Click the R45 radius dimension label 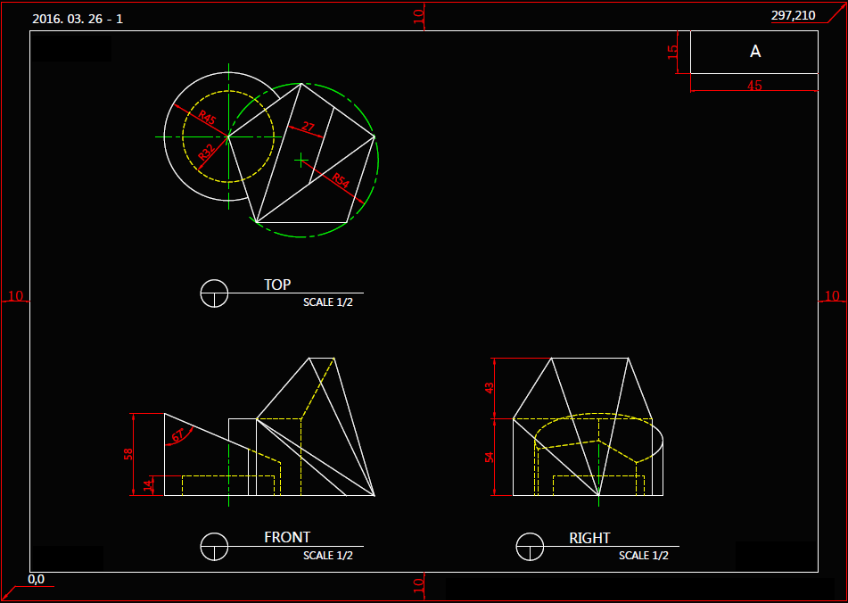pyautogui.click(x=206, y=118)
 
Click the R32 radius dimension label pyautogui.click(x=206, y=152)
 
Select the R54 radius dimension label pyautogui.click(x=340, y=180)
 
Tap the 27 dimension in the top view pyautogui.click(x=308, y=128)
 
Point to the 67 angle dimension pyautogui.click(x=178, y=435)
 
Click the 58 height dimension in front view pyautogui.click(x=128, y=454)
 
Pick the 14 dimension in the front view pyautogui.click(x=149, y=485)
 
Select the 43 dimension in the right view pyautogui.click(x=489, y=388)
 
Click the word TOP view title pyautogui.click(x=277, y=285)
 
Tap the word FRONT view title pyautogui.click(x=287, y=538)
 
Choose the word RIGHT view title pyautogui.click(x=589, y=539)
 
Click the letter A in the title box pyautogui.click(x=755, y=53)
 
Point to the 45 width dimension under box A pyautogui.click(x=754, y=87)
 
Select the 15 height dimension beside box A pyautogui.click(x=673, y=53)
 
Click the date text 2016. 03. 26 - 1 pyautogui.click(x=77, y=19)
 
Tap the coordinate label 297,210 pyautogui.click(x=793, y=15)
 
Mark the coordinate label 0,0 pyautogui.click(x=37, y=579)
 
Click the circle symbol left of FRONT pyautogui.click(x=214, y=545)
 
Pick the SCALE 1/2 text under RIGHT pyautogui.click(x=644, y=556)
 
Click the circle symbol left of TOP pyautogui.click(x=214, y=293)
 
